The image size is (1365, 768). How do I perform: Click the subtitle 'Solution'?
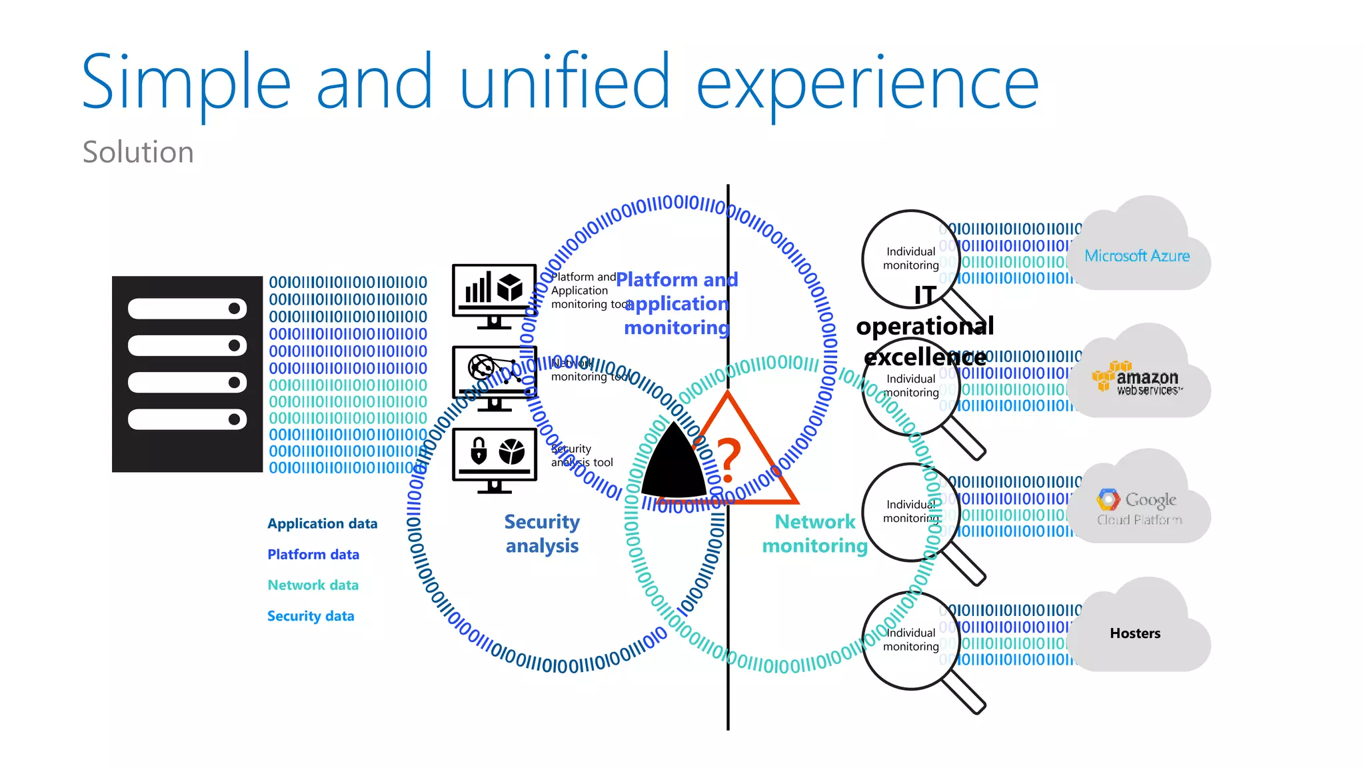point(138,152)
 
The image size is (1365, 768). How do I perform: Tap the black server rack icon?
point(187,374)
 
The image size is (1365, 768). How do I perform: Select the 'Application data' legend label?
point(322,524)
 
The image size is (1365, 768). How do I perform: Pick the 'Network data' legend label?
point(313,585)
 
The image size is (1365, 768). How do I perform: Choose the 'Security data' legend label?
point(311,616)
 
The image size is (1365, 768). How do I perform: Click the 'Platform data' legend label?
point(313,555)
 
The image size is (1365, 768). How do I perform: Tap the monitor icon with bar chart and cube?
point(494,294)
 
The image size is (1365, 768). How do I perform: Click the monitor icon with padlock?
point(494,459)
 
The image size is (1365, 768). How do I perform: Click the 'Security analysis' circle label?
point(542,533)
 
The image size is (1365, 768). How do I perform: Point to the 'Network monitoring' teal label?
point(814,533)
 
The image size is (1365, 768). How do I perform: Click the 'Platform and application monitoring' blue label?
point(677,303)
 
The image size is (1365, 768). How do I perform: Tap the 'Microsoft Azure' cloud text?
point(1136,256)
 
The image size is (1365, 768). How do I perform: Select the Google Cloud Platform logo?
point(1138,507)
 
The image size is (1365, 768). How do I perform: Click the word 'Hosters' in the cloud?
point(1135,633)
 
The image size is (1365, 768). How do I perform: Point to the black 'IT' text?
point(925,295)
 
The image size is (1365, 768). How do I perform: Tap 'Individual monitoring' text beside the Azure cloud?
point(910,258)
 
